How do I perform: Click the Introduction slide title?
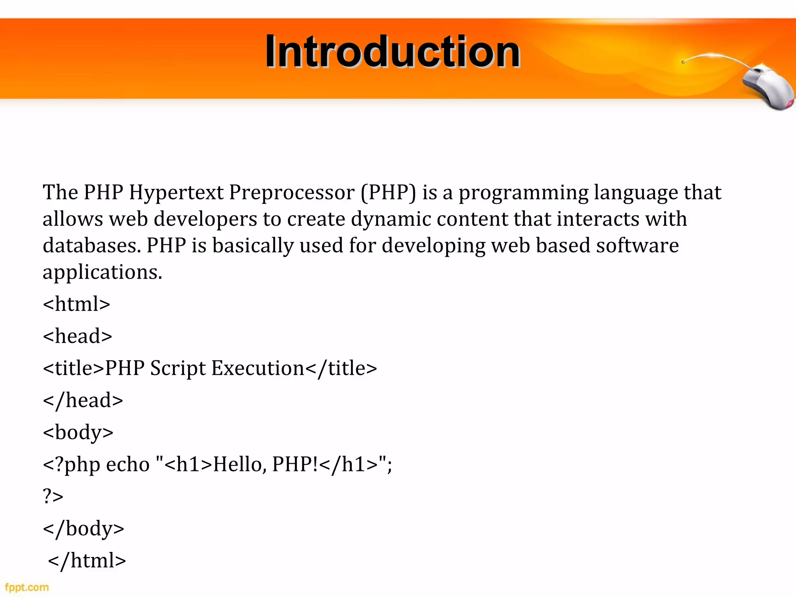(393, 51)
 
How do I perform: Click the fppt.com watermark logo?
(26, 587)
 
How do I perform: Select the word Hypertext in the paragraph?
(176, 192)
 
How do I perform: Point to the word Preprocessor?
(292, 192)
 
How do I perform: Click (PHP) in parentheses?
(388, 192)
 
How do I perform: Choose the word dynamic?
(391, 219)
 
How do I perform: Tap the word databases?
(92, 245)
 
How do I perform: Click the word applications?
(102, 272)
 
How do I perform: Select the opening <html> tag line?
(77, 304)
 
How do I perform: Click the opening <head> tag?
(77, 336)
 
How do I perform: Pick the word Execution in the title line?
(258, 368)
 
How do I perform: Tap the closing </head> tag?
(83, 400)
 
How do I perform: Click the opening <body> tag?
(78, 433)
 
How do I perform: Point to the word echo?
(127, 464)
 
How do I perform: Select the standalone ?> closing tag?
(53, 496)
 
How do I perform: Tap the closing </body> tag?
(84, 529)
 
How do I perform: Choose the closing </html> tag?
(87, 560)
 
